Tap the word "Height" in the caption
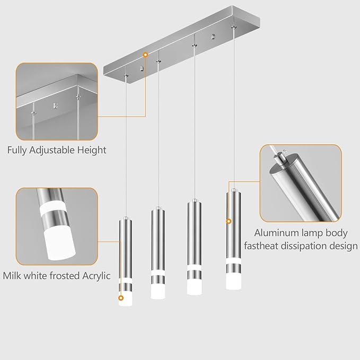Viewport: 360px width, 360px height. (91, 150)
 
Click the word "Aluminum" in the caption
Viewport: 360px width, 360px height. (276, 233)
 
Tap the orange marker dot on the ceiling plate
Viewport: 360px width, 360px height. (145, 54)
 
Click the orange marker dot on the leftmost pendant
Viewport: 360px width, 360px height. (121, 298)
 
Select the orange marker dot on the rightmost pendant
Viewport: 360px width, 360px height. (229, 221)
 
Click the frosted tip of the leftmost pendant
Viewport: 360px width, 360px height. (125, 300)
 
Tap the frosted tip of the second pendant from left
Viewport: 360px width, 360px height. (158, 292)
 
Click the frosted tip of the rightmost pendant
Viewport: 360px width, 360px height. (233, 282)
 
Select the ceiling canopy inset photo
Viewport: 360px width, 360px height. (57, 101)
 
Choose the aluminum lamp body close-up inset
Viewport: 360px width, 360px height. (300, 183)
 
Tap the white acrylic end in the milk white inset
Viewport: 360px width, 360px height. (56, 244)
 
